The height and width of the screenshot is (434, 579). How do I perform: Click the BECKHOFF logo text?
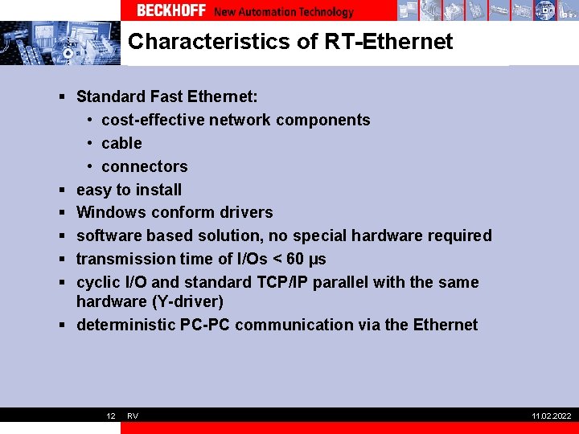click(171, 11)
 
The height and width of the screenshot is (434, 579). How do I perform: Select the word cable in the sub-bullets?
click(121, 143)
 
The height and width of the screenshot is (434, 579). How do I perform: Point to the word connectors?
click(144, 166)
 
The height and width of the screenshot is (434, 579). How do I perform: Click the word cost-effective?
click(153, 120)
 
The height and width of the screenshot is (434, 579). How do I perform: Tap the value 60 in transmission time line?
click(296, 259)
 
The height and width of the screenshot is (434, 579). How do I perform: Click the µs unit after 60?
click(317, 260)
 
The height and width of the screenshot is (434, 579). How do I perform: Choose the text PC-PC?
click(205, 325)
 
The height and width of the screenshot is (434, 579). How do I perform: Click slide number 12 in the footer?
click(111, 416)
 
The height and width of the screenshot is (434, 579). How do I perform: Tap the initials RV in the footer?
click(133, 416)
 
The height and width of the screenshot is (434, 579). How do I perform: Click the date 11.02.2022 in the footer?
click(551, 416)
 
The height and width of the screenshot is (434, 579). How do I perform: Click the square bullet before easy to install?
click(62, 190)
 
